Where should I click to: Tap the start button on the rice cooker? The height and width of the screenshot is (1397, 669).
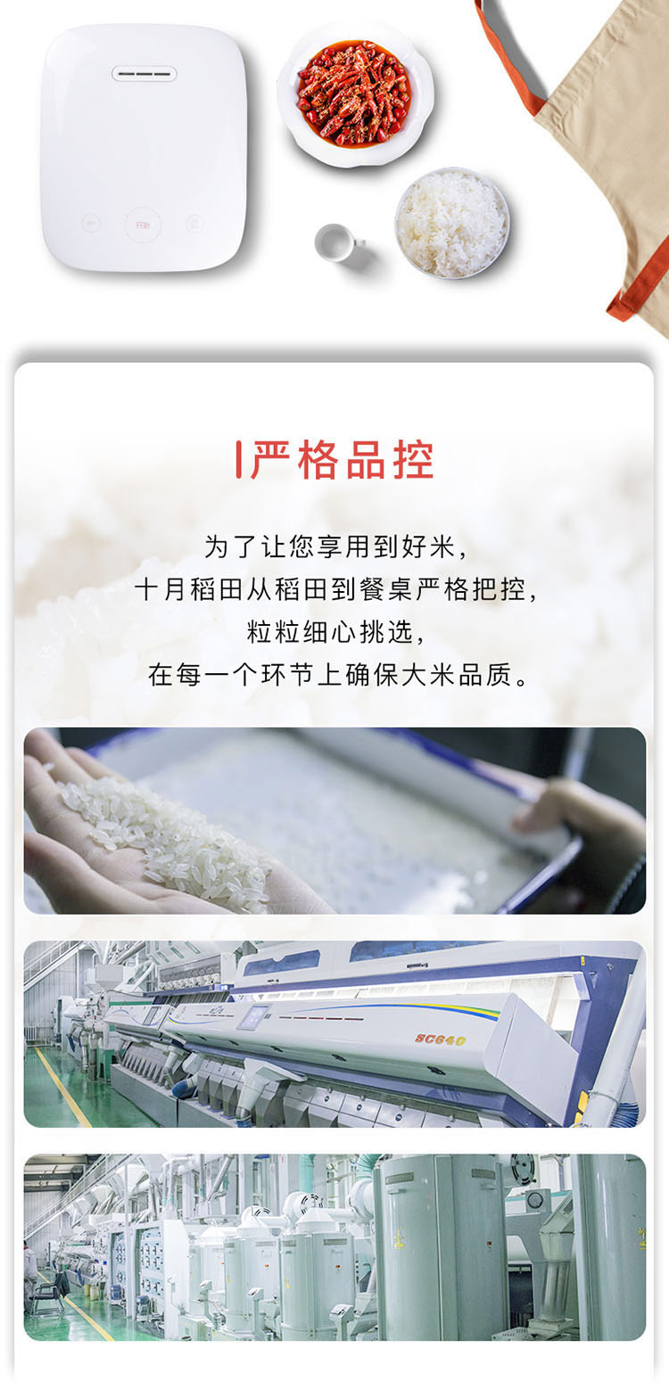coord(143,225)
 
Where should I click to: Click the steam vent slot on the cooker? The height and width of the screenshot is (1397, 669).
coord(145,74)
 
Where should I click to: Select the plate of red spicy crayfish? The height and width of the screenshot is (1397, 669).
coord(354,94)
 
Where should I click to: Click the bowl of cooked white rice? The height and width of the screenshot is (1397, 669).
coord(452,223)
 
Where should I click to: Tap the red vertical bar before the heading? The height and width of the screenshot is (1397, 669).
coord(238,460)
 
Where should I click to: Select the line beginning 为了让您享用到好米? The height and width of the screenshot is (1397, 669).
coord(335,546)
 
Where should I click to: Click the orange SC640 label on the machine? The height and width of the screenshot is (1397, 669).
coord(441,1039)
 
